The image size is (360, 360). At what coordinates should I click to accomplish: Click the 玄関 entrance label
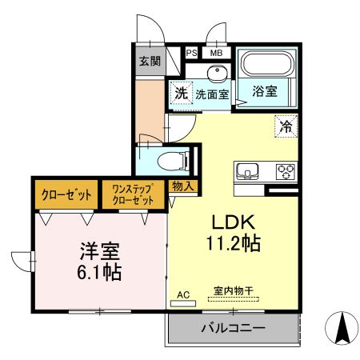[x=149, y=61]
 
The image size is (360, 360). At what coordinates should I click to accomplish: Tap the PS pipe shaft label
[x=191, y=53]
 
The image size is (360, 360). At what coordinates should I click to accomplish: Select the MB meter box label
[x=215, y=53]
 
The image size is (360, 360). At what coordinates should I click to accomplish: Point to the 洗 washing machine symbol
[x=182, y=93]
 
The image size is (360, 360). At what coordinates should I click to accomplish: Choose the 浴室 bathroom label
[x=266, y=90]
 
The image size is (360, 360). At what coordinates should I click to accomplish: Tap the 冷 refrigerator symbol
[x=286, y=125]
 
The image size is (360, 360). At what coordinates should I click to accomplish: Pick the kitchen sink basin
[x=246, y=171]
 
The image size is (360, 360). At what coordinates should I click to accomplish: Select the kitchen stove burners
[x=285, y=171]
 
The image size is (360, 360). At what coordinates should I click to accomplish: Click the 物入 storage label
[x=183, y=186]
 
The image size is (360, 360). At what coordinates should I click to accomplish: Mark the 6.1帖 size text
[x=100, y=272]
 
